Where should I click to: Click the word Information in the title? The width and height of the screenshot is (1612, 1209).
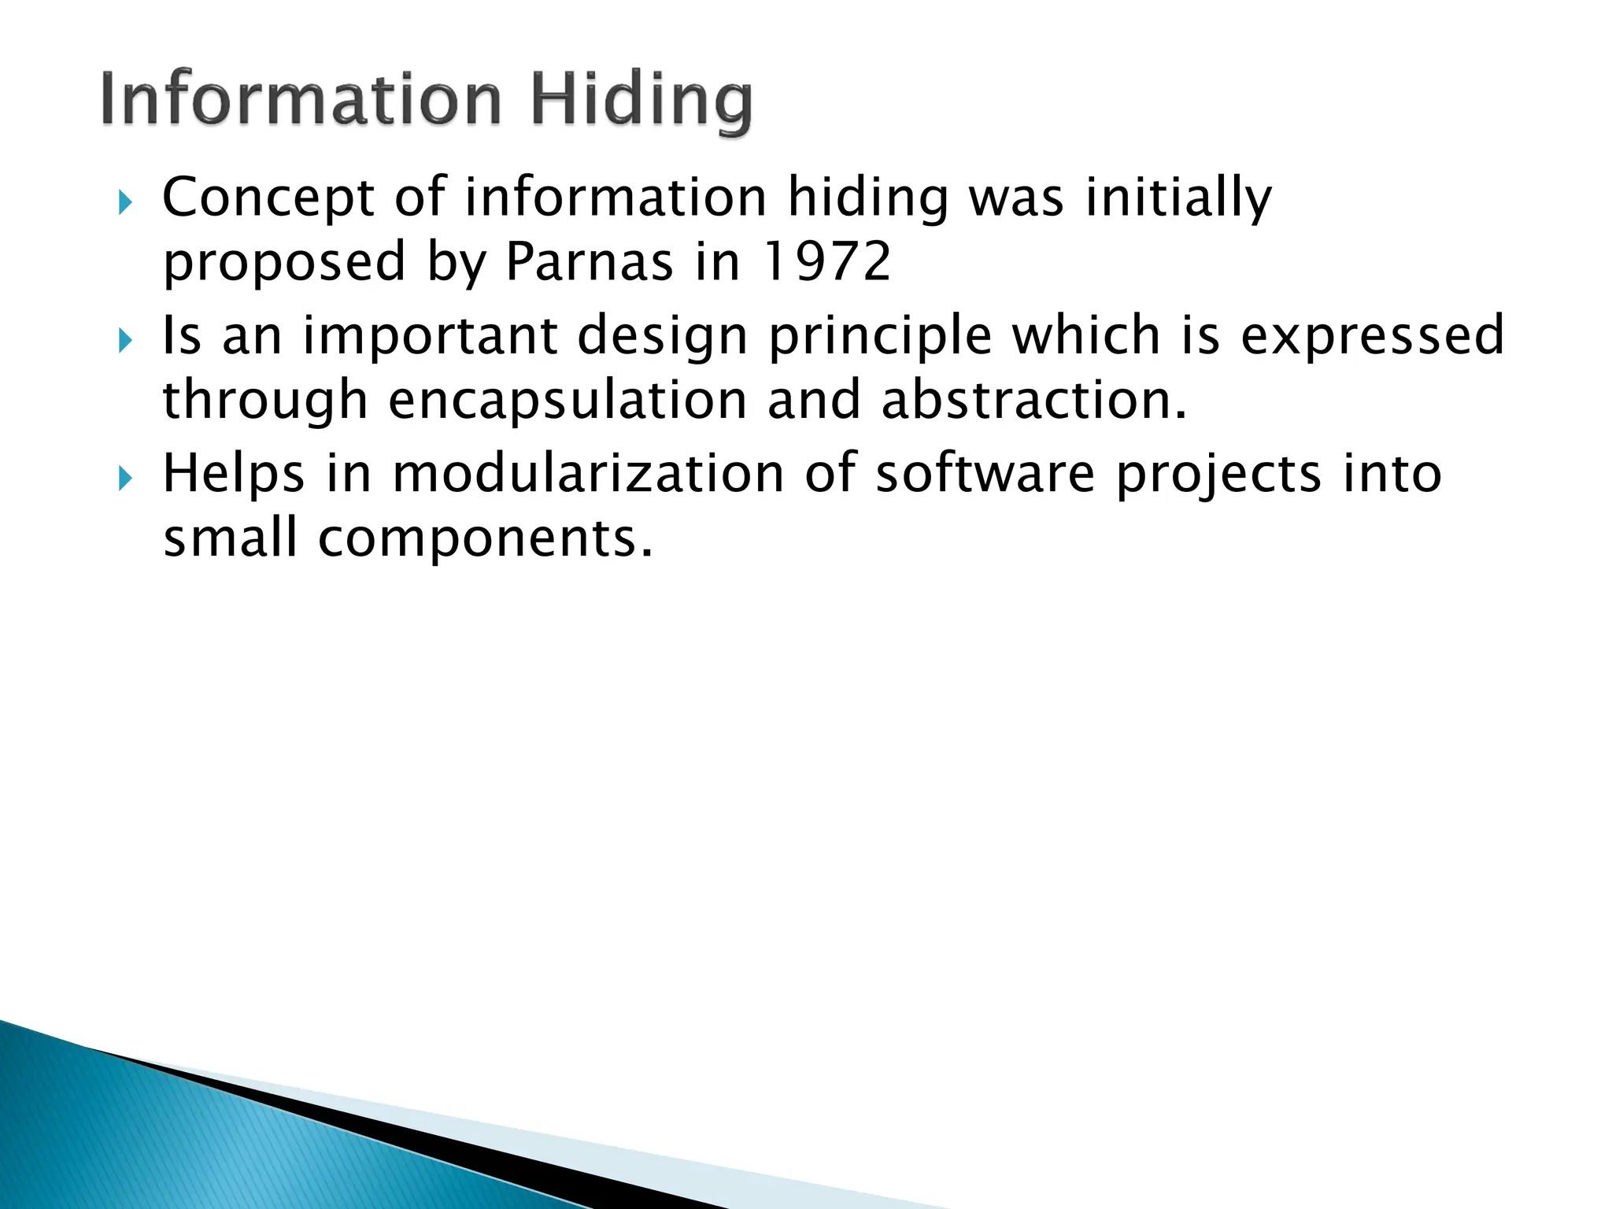[x=301, y=100]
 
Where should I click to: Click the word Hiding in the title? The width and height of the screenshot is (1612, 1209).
[x=641, y=100]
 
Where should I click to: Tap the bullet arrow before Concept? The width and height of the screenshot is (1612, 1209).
[x=125, y=203]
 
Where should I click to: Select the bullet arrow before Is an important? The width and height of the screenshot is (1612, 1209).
[x=125, y=341]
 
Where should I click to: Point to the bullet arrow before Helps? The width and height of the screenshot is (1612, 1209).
[x=125, y=478]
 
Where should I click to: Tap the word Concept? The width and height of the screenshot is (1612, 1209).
[x=268, y=198]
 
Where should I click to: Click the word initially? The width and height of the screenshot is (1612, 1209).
[x=1178, y=198]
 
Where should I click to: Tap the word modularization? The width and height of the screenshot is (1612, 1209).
[x=588, y=474]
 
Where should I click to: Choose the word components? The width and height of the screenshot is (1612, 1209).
[x=485, y=540]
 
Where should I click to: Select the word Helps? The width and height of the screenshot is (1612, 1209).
[x=234, y=475]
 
